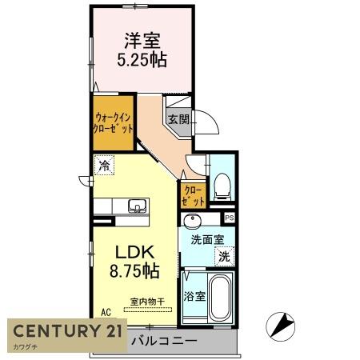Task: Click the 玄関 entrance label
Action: pos(178,120)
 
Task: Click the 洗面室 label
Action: pos(206,238)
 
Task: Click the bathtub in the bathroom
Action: pos(219,298)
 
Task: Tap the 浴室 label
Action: pos(194,295)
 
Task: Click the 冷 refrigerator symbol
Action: pos(104,166)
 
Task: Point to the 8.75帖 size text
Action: pos(134,271)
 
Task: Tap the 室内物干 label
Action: pos(147,302)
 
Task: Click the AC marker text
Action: pos(106,313)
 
